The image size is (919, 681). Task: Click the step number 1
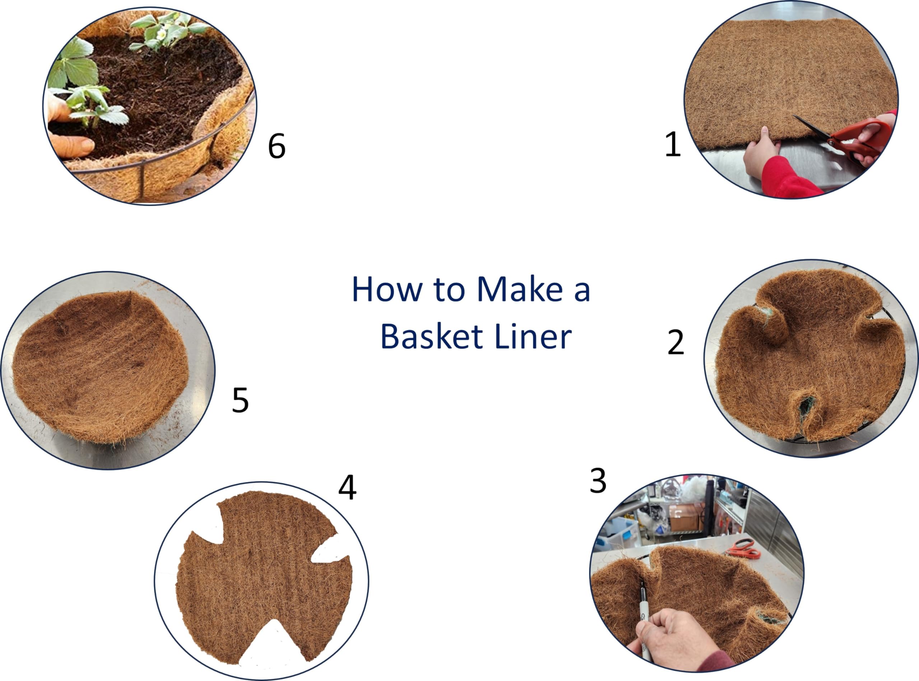tap(673, 144)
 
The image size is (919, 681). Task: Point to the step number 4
tap(347, 487)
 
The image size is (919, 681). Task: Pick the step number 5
tap(241, 399)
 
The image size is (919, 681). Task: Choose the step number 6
tap(276, 146)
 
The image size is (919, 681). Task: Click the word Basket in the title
tap(432, 337)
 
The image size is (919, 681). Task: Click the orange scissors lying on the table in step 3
tap(744, 549)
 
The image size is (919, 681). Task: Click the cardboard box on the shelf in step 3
tap(684, 518)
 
